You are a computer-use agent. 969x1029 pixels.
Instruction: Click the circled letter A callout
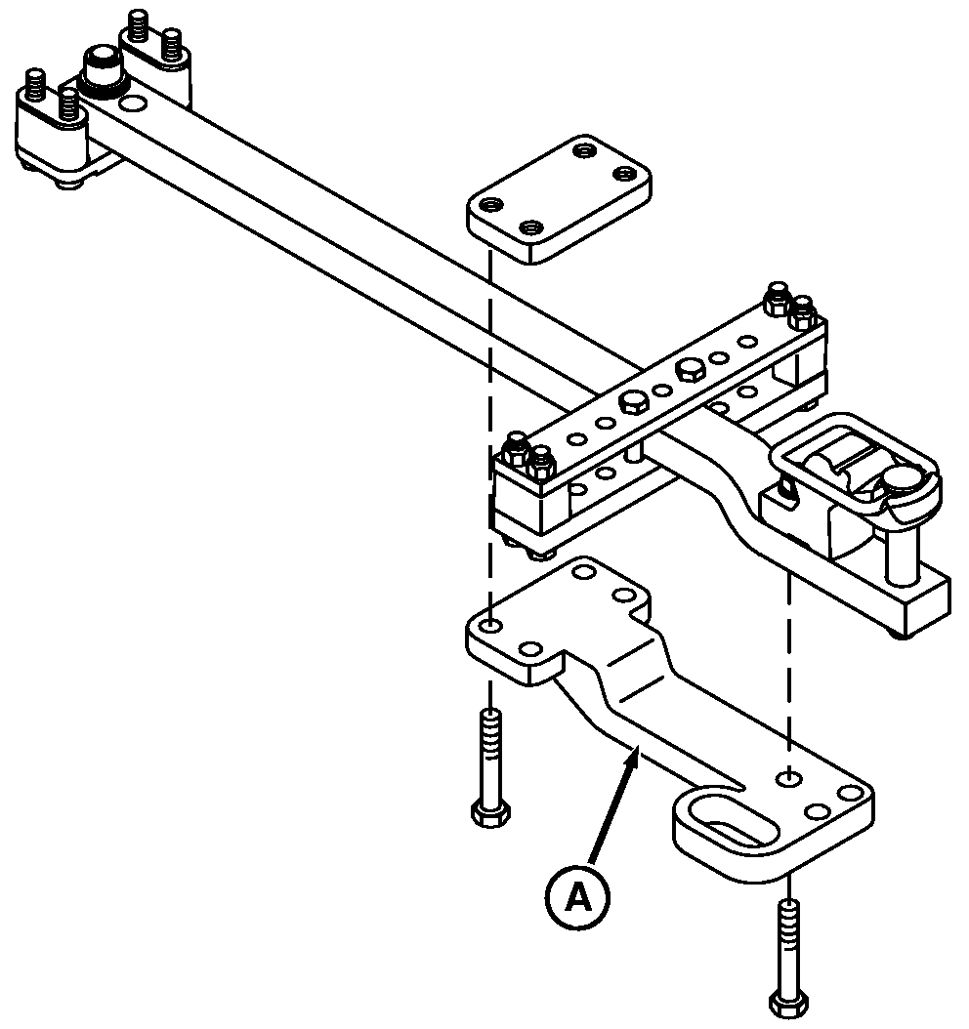(579, 896)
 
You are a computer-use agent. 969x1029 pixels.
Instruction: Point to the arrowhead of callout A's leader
(636, 754)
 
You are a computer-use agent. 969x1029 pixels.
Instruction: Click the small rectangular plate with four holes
(558, 199)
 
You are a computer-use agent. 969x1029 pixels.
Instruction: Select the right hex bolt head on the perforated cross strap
(690, 370)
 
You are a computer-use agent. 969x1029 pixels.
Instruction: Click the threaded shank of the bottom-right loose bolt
(787, 942)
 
